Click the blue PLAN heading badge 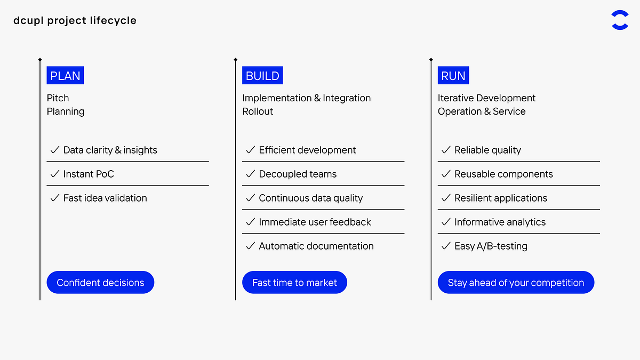coord(65,76)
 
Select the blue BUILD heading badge coord(262,76)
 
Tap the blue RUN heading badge coord(453,76)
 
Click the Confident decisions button coord(100,283)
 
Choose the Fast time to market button coord(294,283)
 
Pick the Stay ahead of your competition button coord(516,283)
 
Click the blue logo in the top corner coord(620,20)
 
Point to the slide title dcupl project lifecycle coord(75,21)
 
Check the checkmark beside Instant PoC coord(54,174)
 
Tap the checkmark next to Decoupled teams coord(250,174)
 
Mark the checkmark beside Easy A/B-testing coord(446,246)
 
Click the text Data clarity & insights coord(110,150)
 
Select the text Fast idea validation coord(105,198)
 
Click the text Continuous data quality coord(310,198)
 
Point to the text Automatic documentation coord(316,246)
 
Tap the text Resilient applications coord(501,198)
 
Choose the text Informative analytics coord(500,222)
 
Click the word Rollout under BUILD coord(258,111)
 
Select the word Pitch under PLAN coord(58,98)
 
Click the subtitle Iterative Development coord(486,98)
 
